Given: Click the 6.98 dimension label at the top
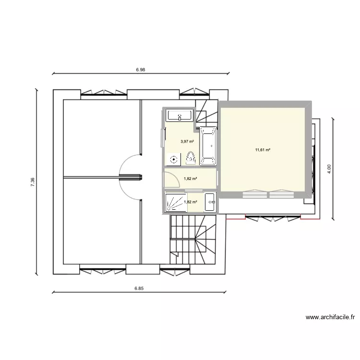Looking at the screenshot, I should (140, 70).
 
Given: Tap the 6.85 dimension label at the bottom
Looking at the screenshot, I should (139, 288).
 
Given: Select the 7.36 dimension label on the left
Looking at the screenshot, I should (32, 181).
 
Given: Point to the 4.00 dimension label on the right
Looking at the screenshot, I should (329, 168).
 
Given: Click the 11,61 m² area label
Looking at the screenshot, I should (263, 150).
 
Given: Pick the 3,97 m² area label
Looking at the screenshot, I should (187, 142).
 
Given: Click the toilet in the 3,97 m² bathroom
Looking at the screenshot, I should (191, 157).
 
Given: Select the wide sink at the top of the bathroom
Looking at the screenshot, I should (180, 116).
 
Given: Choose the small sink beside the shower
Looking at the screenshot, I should (210, 202).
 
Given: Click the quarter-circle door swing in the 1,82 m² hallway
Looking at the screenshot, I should (169, 180).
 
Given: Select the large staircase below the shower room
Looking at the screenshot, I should (194, 239).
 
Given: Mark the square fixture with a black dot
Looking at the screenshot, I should (173, 159).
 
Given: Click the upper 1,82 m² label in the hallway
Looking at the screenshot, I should (191, 179).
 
